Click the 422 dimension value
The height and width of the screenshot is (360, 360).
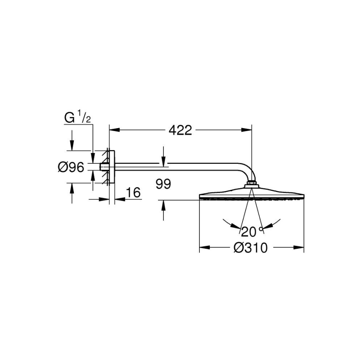click(x=180, y=130)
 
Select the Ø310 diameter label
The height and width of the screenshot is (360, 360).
click(x=251, y=248)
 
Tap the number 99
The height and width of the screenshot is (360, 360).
click(x=163, y=184)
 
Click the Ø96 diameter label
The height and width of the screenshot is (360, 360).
click(x=71, y=167)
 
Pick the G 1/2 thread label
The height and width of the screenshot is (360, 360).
click(x=78, y=118)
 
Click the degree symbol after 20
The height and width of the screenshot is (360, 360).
click(x=261, y=229)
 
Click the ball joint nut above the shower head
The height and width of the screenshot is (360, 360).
click(x=251, y=183)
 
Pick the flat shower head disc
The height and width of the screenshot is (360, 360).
click(x=251, y=195)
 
